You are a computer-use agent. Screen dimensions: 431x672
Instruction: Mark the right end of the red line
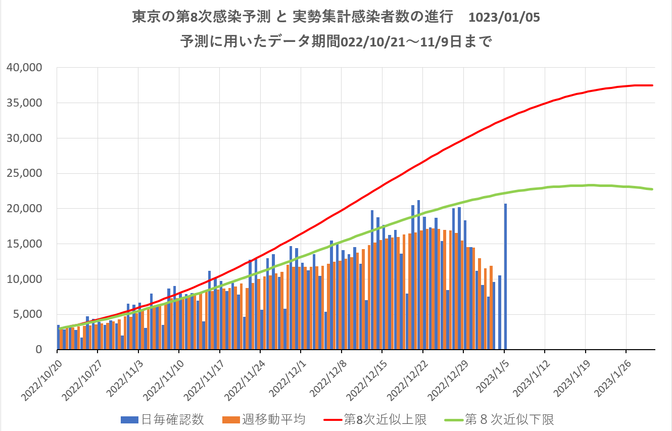click(653, 85)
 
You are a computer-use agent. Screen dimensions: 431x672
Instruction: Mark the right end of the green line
click(653, 189)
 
